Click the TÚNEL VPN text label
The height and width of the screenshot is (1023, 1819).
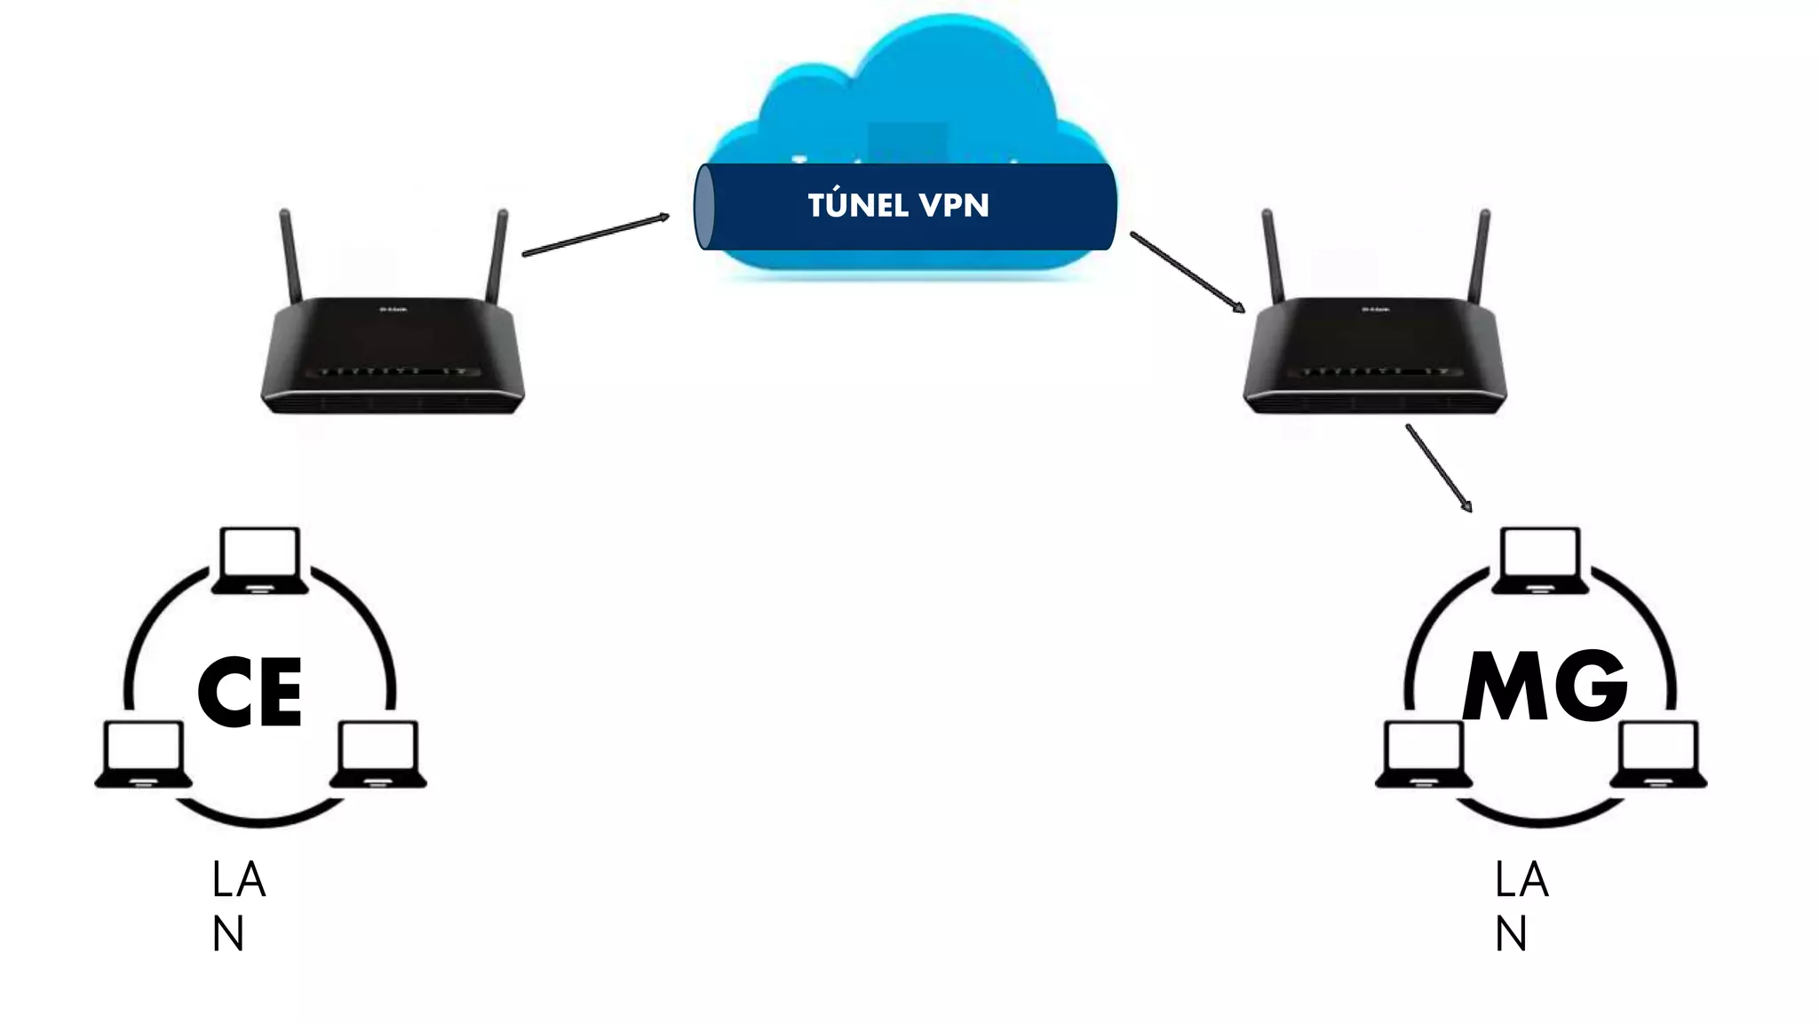pos(898,205)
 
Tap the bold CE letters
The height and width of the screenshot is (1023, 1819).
pos(250,693)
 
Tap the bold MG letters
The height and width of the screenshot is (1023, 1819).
pos(1545,686)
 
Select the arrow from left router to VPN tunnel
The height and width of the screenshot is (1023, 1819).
pos(595,234)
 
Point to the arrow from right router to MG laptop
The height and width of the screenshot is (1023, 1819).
pos(1439,468)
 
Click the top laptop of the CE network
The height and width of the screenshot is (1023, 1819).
pos(259,560)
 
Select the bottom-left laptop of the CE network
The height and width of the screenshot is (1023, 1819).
pos(144,754)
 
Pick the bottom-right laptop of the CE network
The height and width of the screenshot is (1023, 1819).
pos(378,754)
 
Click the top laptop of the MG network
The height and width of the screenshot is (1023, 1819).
pos(1539,560)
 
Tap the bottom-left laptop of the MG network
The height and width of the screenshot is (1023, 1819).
pos(1424,754)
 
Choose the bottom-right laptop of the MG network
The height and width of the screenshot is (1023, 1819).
pos(1658,754)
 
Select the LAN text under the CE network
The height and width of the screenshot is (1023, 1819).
pos(238,906)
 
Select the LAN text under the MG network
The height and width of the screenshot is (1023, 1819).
pos(1521,906)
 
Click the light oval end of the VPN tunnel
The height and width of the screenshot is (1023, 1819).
pos(703,207)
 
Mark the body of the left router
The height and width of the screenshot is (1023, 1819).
pos(393,355)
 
